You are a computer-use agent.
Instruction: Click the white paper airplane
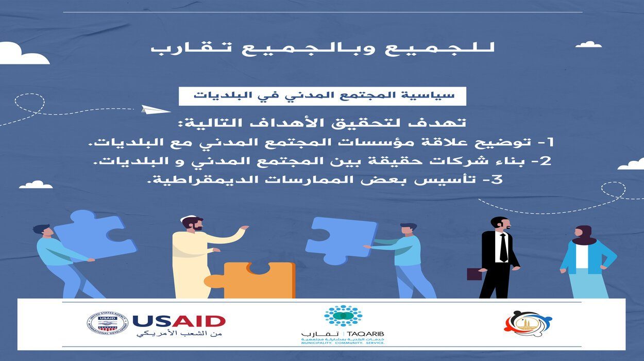click(156, 109)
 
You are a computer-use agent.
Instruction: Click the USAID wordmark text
click(179, 321)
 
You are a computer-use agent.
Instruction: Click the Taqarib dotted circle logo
click(343, 315)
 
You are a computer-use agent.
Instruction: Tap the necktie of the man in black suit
click(503, 248)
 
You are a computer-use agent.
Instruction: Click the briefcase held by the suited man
click(473, 274)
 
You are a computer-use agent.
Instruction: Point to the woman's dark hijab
click(583, 235)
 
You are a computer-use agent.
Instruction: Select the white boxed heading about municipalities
click(322, 96)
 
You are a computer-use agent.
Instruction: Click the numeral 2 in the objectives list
click(547, 161)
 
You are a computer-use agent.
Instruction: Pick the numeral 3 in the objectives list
click(497, 180)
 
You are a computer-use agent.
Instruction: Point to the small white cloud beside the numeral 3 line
click(36, 185)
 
